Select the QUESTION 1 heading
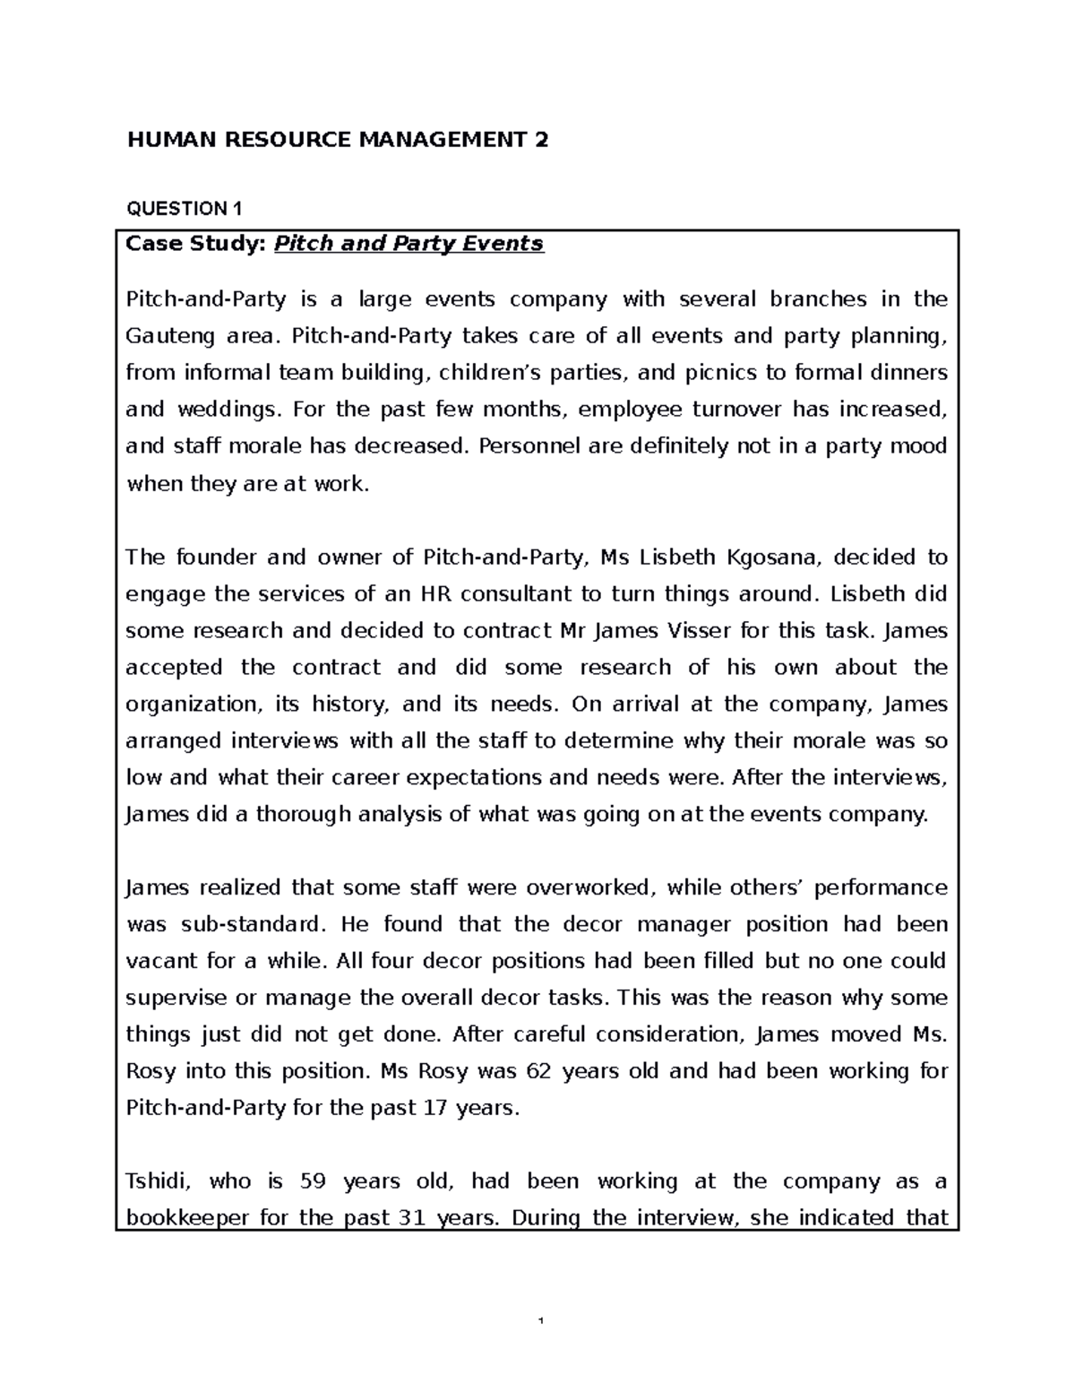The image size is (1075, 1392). [x=184, y=209]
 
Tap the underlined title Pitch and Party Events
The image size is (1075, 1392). [x=408, y=244]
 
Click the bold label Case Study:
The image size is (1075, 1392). [x=196, y=244]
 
